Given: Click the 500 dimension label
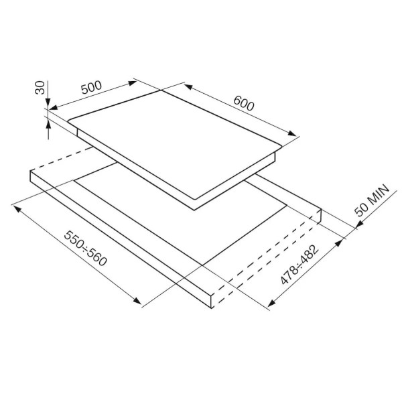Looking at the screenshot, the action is [92, 87].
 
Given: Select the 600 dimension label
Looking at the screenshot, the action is [244, 103].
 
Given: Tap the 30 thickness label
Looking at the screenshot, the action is [40, 87].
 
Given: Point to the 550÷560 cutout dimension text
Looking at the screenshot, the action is [85, 248].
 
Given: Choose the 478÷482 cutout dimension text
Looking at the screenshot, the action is [299, 265].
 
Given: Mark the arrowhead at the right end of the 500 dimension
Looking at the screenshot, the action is [132, 83].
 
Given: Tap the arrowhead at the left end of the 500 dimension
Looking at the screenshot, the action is [53, 108].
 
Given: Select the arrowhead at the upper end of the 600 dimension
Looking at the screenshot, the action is [188, 86].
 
